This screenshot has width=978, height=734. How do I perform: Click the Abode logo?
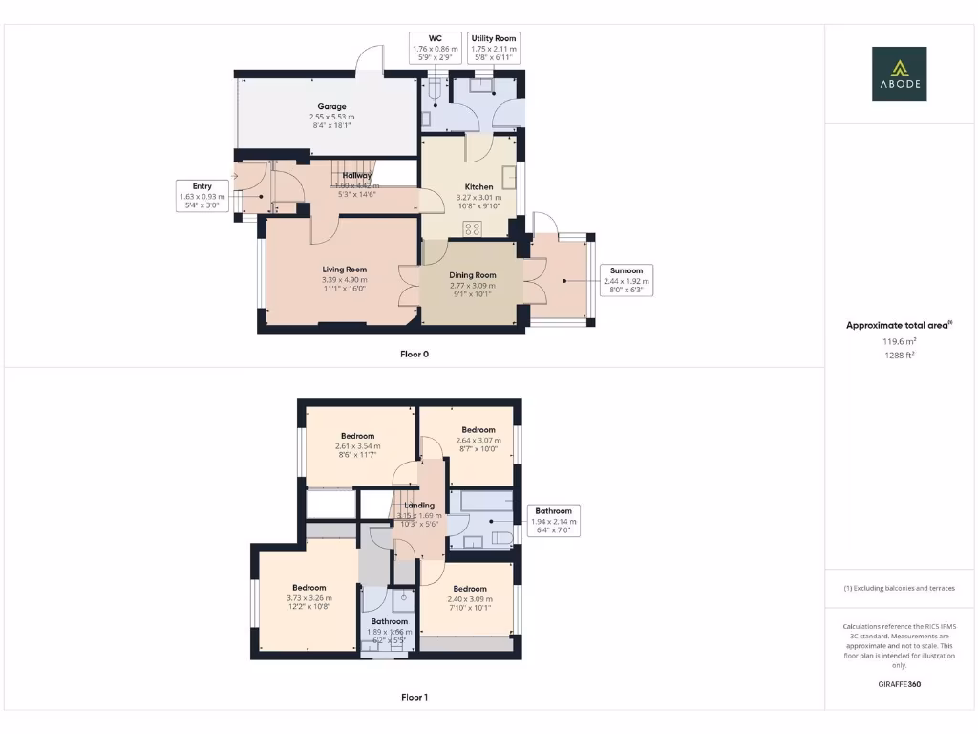click(899, 74)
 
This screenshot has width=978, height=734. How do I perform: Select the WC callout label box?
click(435, 48)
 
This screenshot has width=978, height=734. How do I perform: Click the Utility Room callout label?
click(494, 48)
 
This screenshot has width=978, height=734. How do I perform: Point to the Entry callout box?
click(202, 195)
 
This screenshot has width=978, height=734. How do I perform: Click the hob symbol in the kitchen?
click(473, 227)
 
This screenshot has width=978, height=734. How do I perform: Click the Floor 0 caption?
click(414, 354)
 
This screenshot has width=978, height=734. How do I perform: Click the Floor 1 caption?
click(414, 697)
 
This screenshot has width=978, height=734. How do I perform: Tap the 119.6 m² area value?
click(898, 340)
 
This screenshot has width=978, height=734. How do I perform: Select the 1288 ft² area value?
click(898, 355)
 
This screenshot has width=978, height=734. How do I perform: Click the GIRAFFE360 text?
click(899, 684)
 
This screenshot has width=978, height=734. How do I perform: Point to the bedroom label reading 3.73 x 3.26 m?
click(308, 598)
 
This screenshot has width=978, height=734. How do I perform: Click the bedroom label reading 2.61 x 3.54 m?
click(357, 445)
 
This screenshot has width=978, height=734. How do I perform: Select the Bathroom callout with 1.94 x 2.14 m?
click(553, 521)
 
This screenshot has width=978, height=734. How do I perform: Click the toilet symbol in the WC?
click(436, 91)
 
